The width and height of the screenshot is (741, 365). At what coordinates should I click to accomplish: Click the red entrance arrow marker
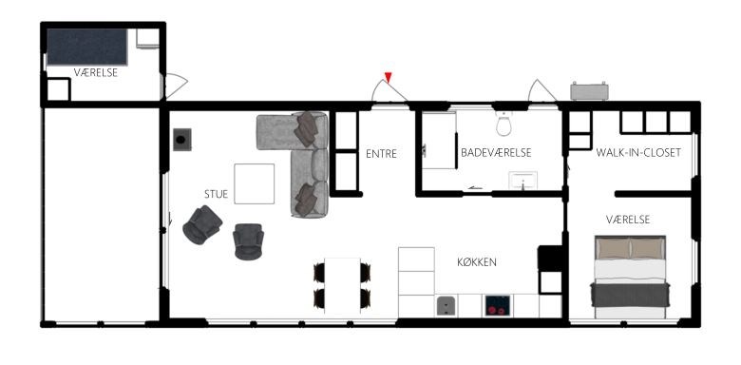pos(388,77)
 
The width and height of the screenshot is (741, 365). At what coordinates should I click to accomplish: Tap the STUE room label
pos(216,194)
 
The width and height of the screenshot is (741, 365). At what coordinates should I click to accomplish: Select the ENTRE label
pos(381,154)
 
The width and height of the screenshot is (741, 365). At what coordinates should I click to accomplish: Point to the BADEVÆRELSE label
pos(496,153)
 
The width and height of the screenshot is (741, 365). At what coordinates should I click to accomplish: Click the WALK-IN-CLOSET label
pos(638,153)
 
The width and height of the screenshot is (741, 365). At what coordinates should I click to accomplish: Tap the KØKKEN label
pos(477,262)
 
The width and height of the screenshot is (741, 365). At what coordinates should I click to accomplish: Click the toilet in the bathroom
pos(503,124)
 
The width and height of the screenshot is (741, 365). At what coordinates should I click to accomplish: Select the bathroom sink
pos(522,181)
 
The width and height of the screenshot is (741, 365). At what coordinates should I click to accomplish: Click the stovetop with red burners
pos(497,305)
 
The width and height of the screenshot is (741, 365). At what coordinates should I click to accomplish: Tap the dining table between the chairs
pos(342,285)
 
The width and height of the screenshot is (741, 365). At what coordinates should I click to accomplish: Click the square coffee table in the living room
pos(255,183)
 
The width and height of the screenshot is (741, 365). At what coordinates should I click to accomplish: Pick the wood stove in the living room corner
pos(182,140)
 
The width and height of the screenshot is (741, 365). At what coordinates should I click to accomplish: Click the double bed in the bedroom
pos(630,277)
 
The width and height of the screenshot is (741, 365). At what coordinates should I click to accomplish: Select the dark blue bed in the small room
pos(87,47)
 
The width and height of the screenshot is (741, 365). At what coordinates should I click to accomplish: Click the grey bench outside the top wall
pos(589,91)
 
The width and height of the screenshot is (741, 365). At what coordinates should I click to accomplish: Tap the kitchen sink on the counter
pos(446,305)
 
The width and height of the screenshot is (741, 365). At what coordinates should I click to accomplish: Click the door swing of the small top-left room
pos(176,86)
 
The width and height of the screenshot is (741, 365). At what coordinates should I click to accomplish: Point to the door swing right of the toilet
pos(541,90)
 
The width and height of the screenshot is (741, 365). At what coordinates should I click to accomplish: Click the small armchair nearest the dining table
pos(248,241)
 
